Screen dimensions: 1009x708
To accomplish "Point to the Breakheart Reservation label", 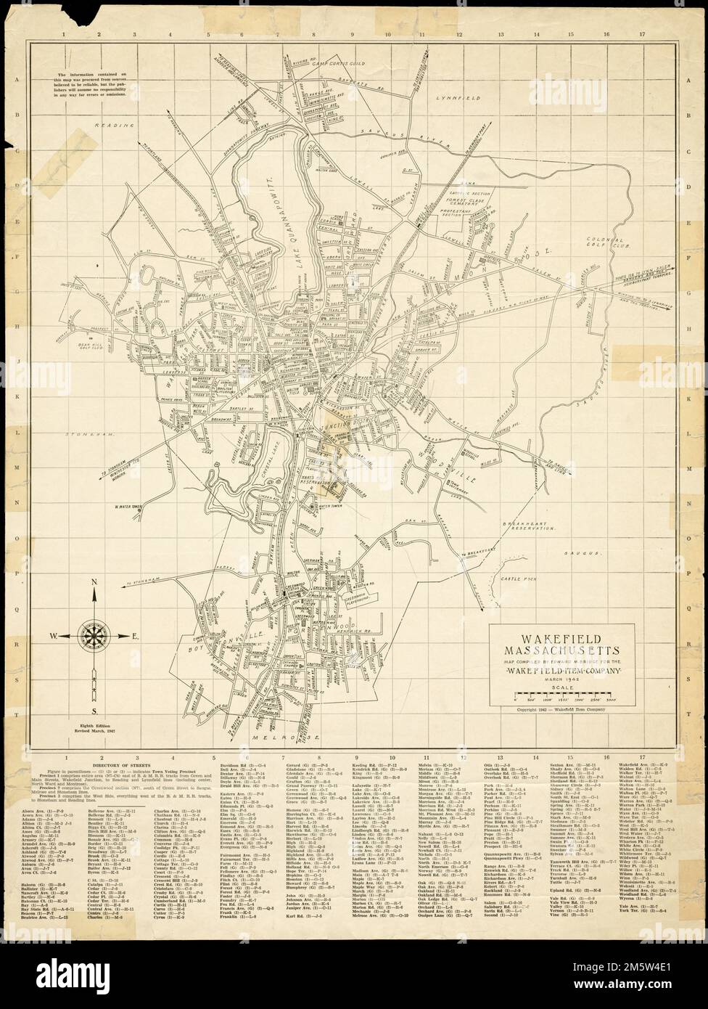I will coord(542,525).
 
